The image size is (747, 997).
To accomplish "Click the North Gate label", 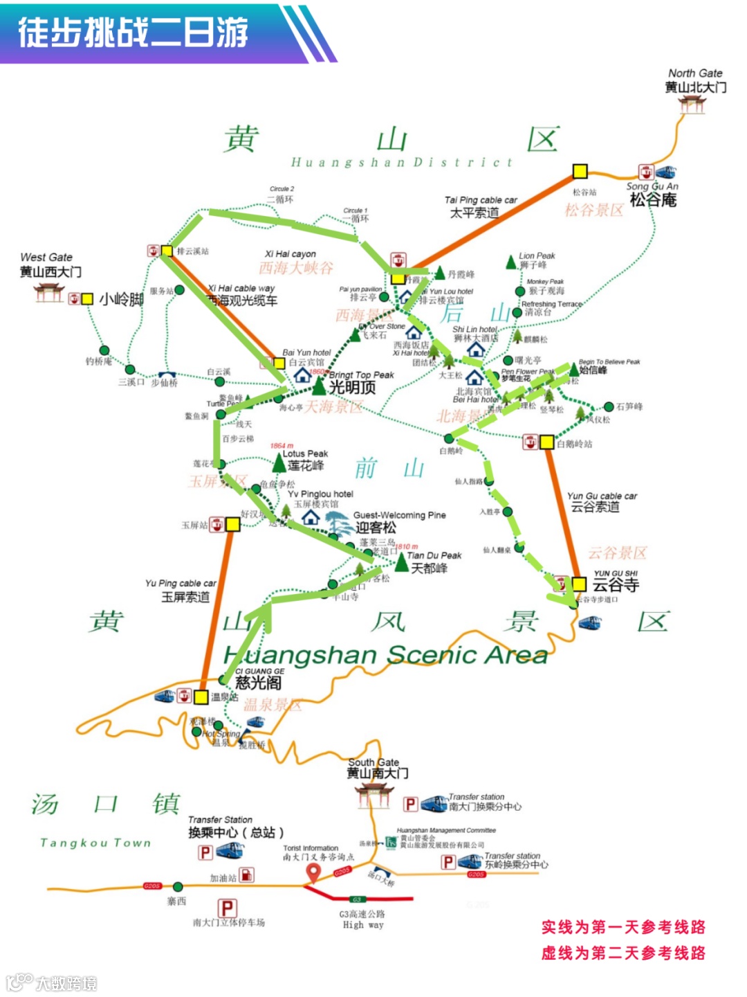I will (x=695, y=80).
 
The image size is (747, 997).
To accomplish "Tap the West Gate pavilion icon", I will (x=49, y=294).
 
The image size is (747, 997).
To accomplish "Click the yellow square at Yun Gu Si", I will (x=579, y=584).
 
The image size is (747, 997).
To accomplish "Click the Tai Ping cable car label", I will (x=480, y=206).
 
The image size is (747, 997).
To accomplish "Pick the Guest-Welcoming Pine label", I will (x=398, y=521).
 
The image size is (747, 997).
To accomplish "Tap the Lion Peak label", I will (x=536, y=260).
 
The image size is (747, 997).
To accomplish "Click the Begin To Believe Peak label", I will (x=609, y=366).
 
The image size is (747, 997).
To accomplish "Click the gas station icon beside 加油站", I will (x=246, y=875).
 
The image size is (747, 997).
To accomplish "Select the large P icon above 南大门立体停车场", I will (x=228, y=907).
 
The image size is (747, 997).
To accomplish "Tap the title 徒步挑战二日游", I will (x=133, y=33).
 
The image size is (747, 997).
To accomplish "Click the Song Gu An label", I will (x=652, y=195).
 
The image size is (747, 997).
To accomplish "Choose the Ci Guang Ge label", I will (x=259, y=679).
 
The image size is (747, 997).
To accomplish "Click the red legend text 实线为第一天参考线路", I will (x=623, y=927).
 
